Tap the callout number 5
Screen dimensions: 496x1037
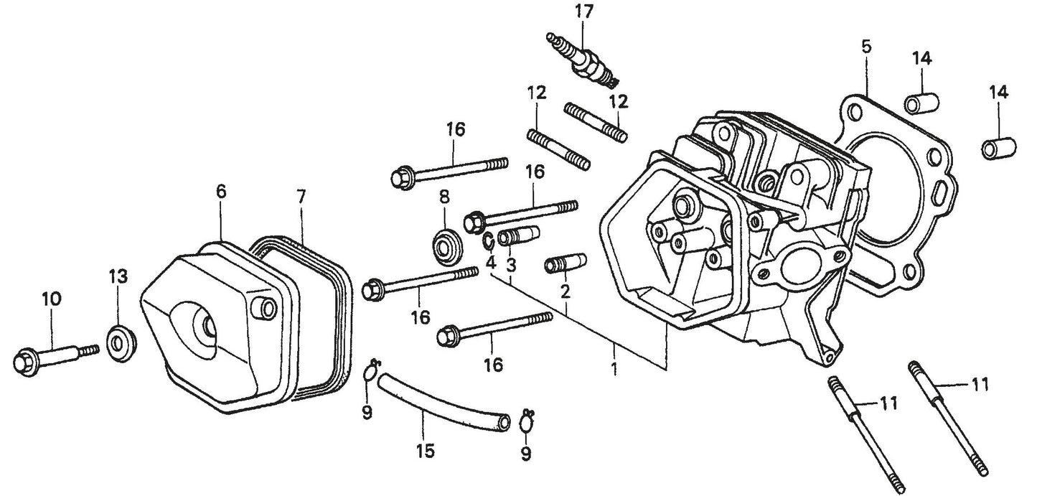[x=866, y=47]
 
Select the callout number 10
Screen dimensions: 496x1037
[x=52, y=298]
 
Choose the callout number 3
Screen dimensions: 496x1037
[x=511, y=263]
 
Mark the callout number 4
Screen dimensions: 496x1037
[x=491, y=263]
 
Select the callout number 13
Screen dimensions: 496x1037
[x=118, y=276]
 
